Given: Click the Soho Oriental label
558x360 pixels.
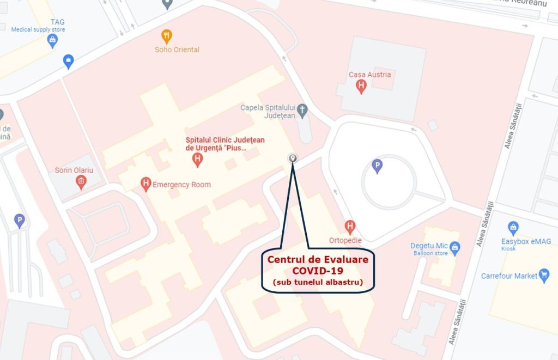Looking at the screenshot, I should (x=177, y=50).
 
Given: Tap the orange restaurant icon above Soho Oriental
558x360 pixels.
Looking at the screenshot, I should (x=167, y=36).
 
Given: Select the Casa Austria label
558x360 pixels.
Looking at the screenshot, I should (x=370, y=75).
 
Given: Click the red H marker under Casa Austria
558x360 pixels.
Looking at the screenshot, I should (x=361, y=86).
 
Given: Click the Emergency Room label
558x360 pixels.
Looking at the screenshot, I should (x=181, y=185).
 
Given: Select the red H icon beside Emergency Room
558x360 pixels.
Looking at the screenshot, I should (x=145, y=184).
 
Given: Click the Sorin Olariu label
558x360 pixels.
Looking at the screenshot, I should (x=74, y=170).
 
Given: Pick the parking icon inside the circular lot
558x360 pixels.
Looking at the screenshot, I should (x=377, y=166).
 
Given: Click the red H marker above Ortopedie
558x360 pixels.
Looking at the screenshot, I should (x=350, y=226).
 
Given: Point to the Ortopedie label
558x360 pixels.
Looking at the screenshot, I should (x=345, y=240).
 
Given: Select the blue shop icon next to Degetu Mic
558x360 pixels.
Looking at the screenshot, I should (x=455, y=248).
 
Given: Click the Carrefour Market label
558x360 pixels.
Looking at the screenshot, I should (x=509, y=276).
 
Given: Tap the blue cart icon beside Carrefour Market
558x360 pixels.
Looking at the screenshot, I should (x=543, y=274).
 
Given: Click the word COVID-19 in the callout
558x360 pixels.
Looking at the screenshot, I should (x=318, y=271).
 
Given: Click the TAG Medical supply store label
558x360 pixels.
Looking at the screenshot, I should (x=38, y=26).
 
